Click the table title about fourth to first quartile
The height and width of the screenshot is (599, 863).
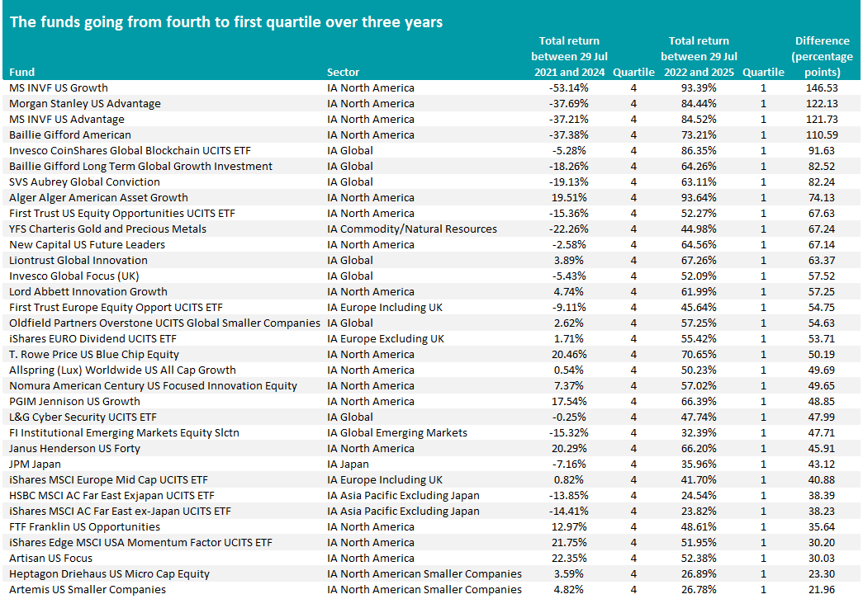click(226, 22)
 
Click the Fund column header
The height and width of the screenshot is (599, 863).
click(22, 72)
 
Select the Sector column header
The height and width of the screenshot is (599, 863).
click(343, 72)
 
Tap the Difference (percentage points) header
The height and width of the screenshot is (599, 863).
click(823, 56)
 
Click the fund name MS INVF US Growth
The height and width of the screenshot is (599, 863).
click(59, 88)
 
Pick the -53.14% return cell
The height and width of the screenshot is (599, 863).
click(569, 88)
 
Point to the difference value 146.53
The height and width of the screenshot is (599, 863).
click(822, 88)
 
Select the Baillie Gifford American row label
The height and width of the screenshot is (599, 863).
click(70, 134)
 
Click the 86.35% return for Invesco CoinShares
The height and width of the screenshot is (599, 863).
click(699, 151)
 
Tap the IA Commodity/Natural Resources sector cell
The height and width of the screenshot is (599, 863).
click(412, 229)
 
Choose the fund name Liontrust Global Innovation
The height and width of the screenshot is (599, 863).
click(78, 260)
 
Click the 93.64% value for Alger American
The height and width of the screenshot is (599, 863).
click(699, 197)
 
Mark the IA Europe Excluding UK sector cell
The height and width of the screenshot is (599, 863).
click(386, 339)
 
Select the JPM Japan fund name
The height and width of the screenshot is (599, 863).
click(35, 465)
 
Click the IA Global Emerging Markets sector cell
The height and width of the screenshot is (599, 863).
click(397, 433)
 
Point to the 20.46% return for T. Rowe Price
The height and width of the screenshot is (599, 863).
click(569, 354)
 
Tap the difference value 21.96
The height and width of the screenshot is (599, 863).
click(822, 590)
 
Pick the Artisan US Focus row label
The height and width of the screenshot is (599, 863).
click(50, 559)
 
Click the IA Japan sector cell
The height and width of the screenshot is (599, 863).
click(348, 465)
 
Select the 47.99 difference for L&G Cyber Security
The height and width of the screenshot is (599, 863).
click(822, 417)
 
